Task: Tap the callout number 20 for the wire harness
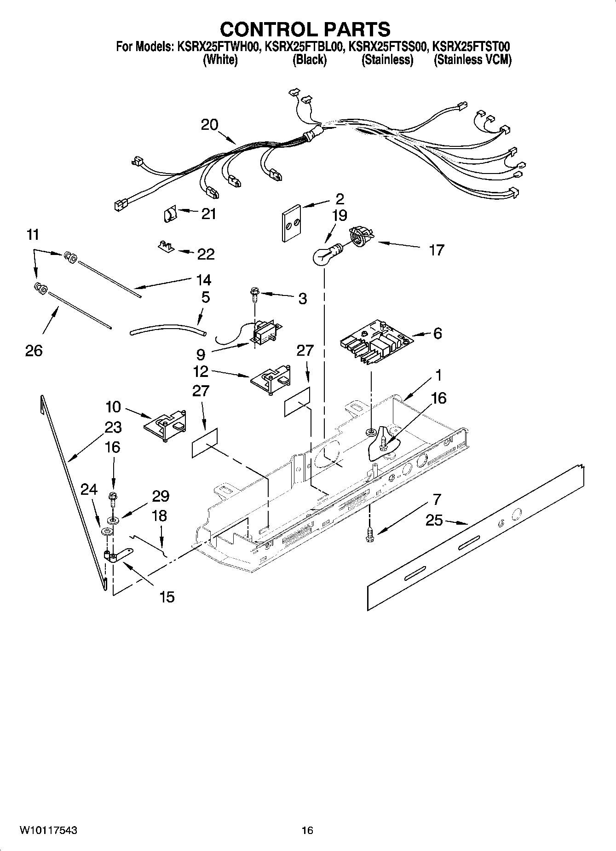(209, 125)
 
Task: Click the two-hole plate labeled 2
(291, 223)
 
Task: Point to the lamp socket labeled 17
(361, 236)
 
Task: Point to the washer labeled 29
(112, 520)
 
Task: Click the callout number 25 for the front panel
(434, 521)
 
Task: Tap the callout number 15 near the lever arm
(167, 597)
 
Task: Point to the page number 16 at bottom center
(307, 831)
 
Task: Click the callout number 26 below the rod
(34, 351)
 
